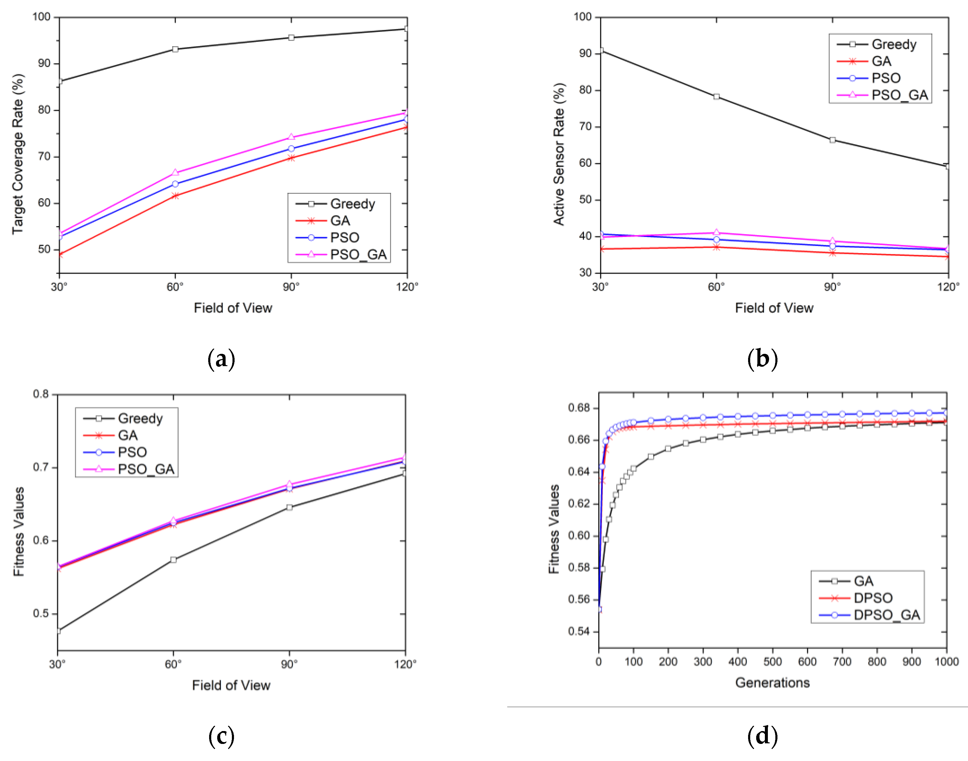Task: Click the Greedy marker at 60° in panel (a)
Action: click(175, 49)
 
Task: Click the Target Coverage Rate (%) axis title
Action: click(18, 154)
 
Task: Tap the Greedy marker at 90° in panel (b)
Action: click(832, 140)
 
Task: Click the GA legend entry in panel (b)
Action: click(881, 61)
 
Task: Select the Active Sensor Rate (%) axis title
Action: click(559, 154)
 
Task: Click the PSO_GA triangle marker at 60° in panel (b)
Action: click(716, 232)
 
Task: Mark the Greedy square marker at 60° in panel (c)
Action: click(173, 560)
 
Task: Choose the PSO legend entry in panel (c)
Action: click(132, 452)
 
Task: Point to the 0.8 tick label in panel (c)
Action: click(41, 394)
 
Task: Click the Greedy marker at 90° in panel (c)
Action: click(289, 507)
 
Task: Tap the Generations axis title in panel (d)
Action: click(772, 683)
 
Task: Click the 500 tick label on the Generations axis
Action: click(772, 662)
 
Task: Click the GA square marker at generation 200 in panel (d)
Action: click(668, 449)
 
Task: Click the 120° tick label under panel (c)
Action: click(405, 664)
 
